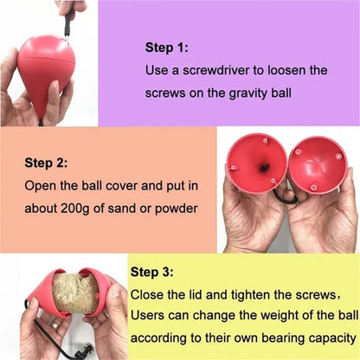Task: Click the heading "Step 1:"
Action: pos(166,48)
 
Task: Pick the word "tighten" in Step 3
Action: pos(244,294)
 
